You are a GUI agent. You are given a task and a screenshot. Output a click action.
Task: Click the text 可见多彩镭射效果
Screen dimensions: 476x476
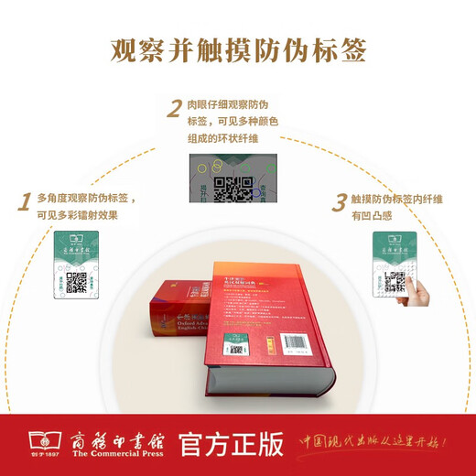click(x=78, y=215)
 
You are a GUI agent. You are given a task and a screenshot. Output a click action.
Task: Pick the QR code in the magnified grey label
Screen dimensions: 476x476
click(x=233, y=189)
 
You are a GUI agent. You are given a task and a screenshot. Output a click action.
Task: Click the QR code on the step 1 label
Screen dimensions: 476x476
click(x=76, y=283)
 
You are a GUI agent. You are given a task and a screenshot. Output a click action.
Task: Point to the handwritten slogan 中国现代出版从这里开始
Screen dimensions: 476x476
click(x=381, y=444)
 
